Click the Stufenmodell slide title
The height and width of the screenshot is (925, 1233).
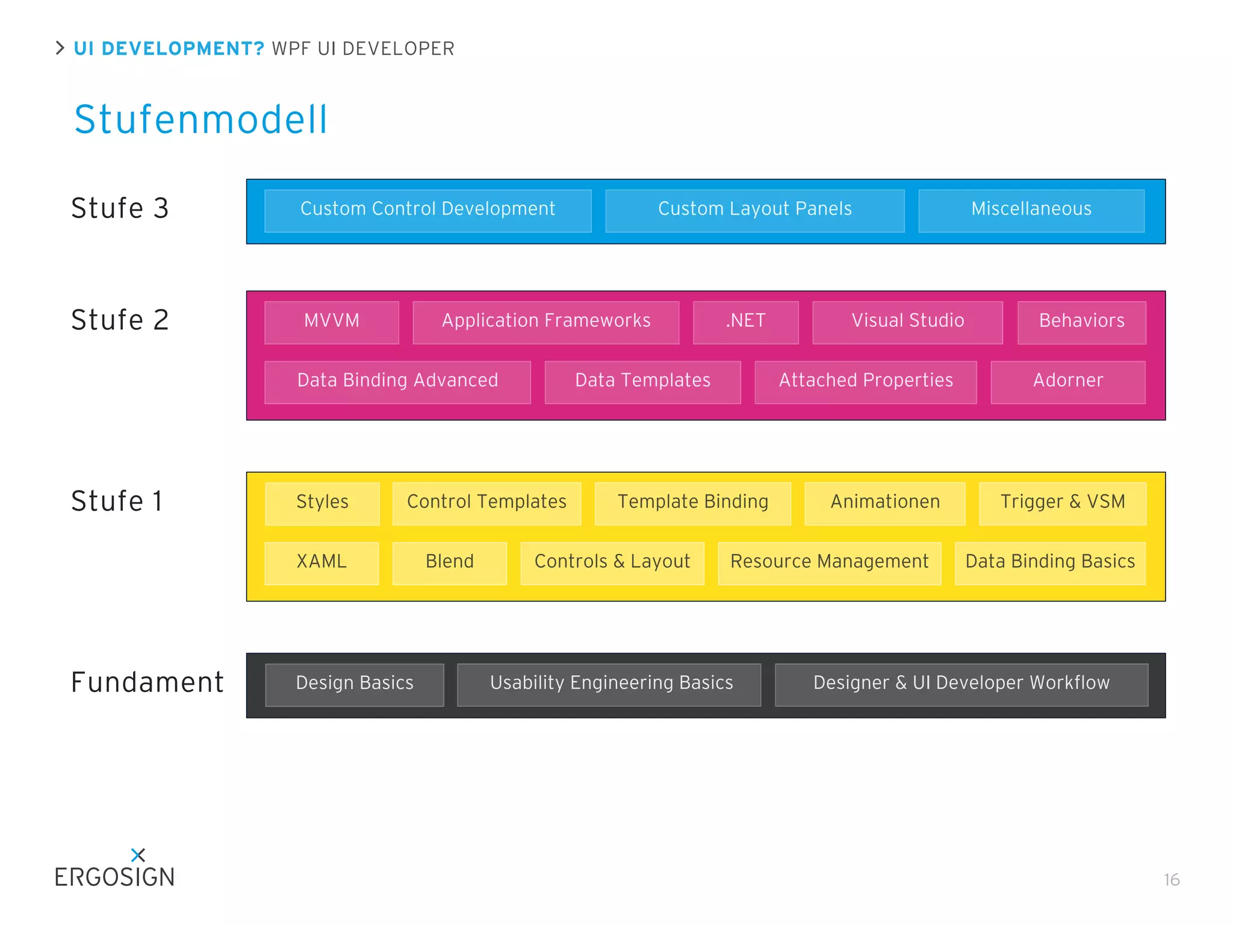200,119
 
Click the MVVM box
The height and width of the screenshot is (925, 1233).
332,322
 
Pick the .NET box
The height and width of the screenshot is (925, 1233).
745,322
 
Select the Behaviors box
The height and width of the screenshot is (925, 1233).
1081,322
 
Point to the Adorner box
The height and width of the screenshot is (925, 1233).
1067,381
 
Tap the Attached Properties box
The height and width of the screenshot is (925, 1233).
865,381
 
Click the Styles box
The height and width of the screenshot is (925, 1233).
322,503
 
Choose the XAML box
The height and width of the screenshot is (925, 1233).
321,562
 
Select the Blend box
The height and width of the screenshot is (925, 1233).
449,562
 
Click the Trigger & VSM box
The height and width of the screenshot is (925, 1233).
1062,503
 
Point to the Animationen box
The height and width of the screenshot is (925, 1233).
884,503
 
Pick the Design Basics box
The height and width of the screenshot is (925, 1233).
354,684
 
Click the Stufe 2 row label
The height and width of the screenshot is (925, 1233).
120,320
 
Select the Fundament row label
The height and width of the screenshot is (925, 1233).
147,683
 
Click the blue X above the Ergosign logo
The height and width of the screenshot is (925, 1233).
138,855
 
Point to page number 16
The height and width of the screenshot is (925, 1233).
1171,880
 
